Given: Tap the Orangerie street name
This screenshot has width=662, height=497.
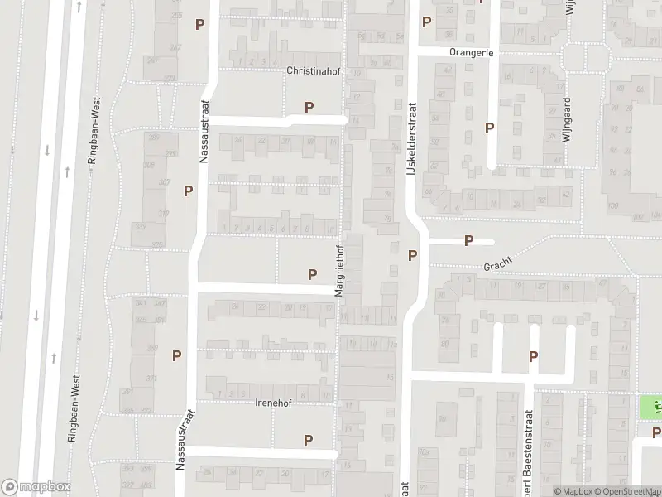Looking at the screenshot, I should pyautogui.click(x=472, y=51).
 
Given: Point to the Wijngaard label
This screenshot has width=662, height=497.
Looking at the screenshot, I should pyautogui.click(x=568, y=120).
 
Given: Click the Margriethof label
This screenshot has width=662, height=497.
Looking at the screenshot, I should pyautogui.click(x=338, y=270).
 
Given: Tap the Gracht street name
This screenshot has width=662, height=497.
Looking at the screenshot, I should pyautogui.click(x=498, y=264).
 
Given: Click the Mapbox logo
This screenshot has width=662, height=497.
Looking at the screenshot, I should pyautogui.click(x=36, y=487).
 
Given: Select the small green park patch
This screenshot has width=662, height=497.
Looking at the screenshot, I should pyautogui.click(x=650, y=408).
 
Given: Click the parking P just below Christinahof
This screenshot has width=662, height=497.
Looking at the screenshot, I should pyautogui.click(x=309, y=106).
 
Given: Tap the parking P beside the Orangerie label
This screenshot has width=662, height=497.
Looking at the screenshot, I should pyautogui.click(x=426, y=22).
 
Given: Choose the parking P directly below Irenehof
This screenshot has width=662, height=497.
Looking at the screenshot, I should pyautogui.click(x=308, y=440).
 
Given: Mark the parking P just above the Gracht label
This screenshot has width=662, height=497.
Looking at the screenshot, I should pyautogui.click(x=468, y=241).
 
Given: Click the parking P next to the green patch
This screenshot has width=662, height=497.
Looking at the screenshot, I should pyautogui.click(x=656, y=432).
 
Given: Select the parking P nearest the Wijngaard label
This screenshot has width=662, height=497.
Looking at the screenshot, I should pyautogui.click(x=490, y=128).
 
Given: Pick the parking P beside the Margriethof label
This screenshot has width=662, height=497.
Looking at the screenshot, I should pyautogui.click(x=312, y=274).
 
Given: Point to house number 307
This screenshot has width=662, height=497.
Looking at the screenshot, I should pyautogui.click(x=164, y=182).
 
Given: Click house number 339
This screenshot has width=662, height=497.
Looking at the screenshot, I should pyautogui.click(x=141, y=226).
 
